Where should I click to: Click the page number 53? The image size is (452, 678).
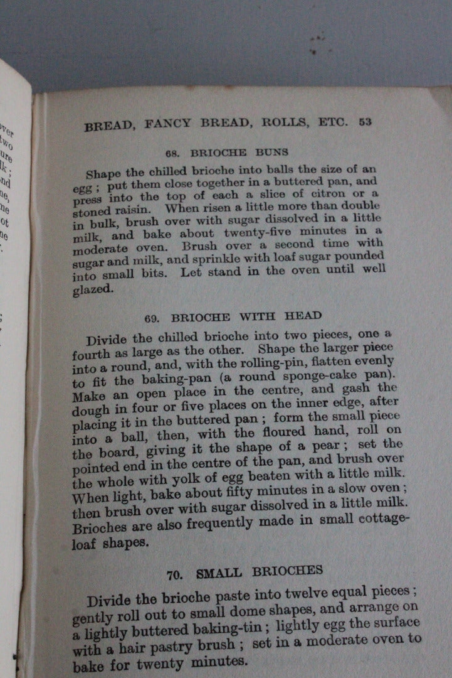[x=365, y=122]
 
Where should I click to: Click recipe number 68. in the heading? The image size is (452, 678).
[x=174, y=153]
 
